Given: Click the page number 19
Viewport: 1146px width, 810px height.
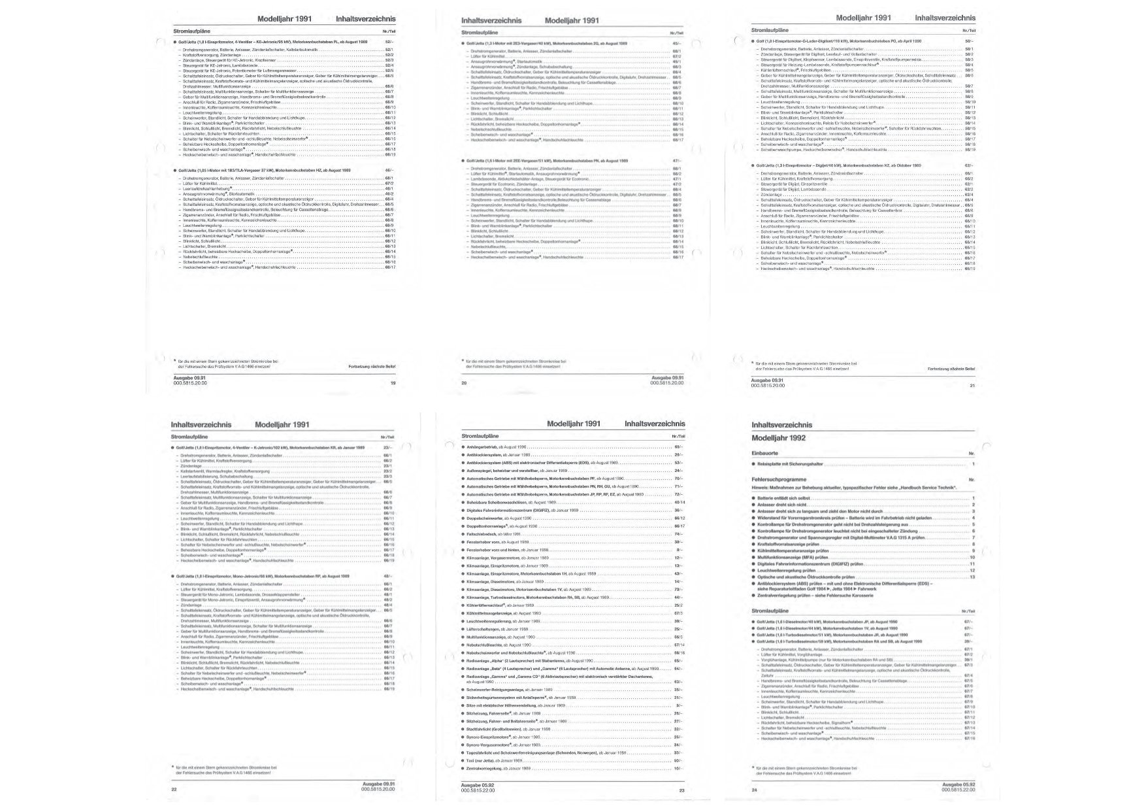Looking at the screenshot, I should pyautogui.click(x=393, y=383).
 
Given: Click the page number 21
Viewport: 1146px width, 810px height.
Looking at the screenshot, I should pyautogui.click(x=972, y=385).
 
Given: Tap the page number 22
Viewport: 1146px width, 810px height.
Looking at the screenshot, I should pyautogui.click(x=174, y=790).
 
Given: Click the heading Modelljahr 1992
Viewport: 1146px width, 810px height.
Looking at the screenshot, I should pyautogui.click(x=778, y=438).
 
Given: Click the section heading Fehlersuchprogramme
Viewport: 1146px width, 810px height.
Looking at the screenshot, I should pyautogui.click(x=779, y=479).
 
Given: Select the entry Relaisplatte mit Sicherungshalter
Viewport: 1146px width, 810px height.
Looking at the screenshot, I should pyautogui.click(x=791, y=464).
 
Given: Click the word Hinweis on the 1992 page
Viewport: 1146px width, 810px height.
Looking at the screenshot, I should pyautogui.click(x=761, y=487).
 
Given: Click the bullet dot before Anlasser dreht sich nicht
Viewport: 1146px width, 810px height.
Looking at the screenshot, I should pyautogui.click(x=753, y=505).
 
